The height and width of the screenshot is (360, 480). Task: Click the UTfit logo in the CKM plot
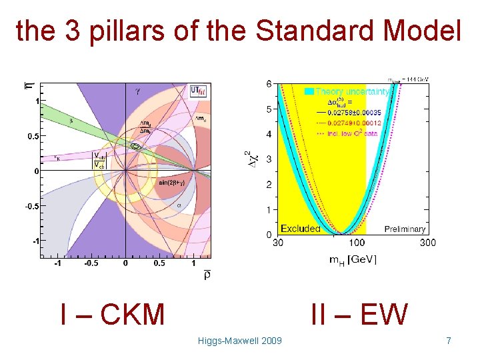click(x=198, y=91)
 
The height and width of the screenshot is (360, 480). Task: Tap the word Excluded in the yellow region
click(x=300, y=229)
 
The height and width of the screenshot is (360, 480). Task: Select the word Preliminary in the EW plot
click(x=405, y=229)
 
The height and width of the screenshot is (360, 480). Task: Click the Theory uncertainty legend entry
click(x=340, y=91)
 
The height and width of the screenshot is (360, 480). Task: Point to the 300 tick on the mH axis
click(x=427, y=243)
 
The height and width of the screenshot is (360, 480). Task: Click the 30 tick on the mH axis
click(x=278, y=243)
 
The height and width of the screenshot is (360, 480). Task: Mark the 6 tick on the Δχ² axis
click(x=269, y=84)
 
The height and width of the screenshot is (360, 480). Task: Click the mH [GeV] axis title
click(x=353, y=259)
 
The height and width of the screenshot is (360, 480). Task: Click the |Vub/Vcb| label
click(x=99, y=161)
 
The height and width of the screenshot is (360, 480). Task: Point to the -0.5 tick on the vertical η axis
click(x=32, y=205)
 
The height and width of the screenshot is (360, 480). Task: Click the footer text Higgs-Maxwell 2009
click(x=240, y=341)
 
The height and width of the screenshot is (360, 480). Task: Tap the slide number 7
click(x=449, y=341)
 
